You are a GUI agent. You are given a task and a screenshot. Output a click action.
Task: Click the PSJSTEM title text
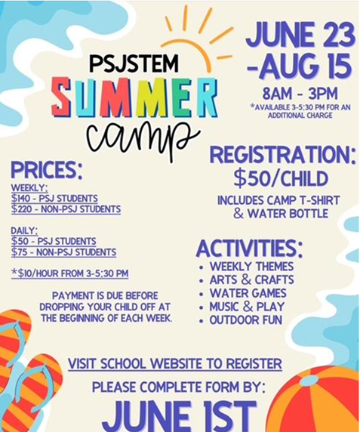pos(134,63)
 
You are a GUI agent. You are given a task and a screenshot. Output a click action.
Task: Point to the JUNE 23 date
pos(300,35)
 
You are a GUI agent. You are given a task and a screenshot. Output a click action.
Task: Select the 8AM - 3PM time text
pos(300,94)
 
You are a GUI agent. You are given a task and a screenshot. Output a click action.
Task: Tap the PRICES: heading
pos(47,170)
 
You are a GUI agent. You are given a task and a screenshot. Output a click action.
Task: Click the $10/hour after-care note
pos(70,273)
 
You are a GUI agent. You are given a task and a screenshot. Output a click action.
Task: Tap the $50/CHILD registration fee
pos(281,178)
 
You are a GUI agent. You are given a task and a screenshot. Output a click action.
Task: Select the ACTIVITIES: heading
pos(249,248)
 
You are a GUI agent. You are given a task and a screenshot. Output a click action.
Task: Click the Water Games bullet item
pos(248,293)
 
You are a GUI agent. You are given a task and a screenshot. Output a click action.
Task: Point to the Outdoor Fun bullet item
pos(246,320)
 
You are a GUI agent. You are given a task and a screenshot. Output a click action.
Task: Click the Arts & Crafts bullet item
pos(251,279)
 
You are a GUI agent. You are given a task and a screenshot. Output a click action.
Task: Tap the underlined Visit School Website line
pos(175,364)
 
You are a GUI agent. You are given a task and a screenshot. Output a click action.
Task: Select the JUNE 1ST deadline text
pos(180,416)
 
